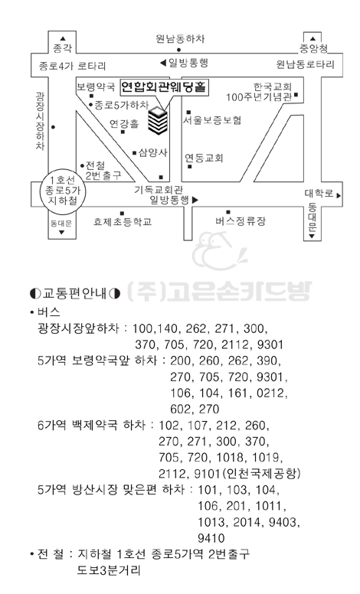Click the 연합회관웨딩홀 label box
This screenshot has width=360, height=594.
click(165, 87)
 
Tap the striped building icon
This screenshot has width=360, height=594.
click(158, 120)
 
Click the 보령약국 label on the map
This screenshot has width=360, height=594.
click(96, 86)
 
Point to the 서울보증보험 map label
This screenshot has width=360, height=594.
click(213, 120)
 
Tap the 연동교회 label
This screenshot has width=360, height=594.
click(204, 158)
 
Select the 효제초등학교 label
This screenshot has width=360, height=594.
click(123, 222)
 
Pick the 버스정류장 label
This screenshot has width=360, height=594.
click(241, 221)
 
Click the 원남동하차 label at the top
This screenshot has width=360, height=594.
click(180, 38)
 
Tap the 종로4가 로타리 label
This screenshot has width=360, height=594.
click(72, 66)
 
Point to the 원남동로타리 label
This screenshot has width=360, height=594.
click(306, 64)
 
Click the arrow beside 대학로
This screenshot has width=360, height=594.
click(339, 195)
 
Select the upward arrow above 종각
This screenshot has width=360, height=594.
click(63, 38)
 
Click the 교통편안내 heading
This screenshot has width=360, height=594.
click(75, 294)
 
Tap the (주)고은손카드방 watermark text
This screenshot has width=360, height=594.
click(219, 292)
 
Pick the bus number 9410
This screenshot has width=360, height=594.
click(211, 538)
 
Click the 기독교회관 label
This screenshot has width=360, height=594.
click(159, 190)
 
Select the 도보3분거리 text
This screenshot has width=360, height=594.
click(109, 570)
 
